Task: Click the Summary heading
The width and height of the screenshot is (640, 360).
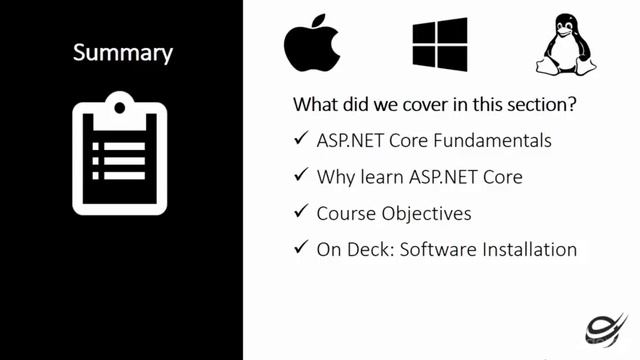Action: (x=122, y=52)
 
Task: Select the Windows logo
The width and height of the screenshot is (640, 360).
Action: (x=440, y=44)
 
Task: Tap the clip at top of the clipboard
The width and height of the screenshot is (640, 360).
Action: (x=119, y=104)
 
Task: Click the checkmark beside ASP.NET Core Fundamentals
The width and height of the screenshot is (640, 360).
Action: (x=300, y=140)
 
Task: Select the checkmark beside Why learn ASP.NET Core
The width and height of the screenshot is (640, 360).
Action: (x=300, y=176)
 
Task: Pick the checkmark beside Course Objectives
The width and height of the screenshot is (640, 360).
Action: (x=300, y=212)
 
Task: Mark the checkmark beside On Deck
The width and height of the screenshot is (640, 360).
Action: (x=300, y=248)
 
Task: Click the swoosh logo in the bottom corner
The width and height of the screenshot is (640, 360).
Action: (x=606, y=326)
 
